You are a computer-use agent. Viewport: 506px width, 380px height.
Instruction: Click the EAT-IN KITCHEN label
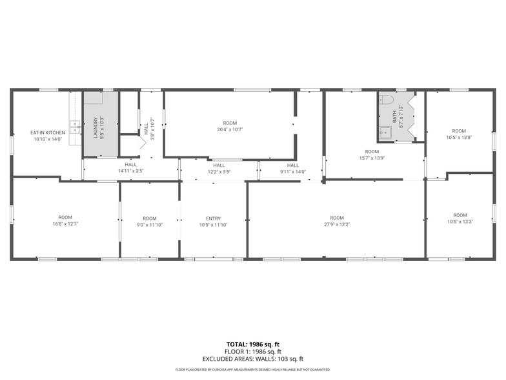tap(47, 132)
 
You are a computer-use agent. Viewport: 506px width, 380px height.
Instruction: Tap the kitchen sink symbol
tap(76, 127)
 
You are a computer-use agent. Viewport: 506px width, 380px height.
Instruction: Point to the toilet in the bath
tap(386, 100)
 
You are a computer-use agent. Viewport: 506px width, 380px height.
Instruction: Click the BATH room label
tap(395, 117)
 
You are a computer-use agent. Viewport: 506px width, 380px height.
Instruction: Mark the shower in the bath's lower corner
tap(386, 134)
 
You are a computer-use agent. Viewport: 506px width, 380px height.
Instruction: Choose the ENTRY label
tap(213, 218)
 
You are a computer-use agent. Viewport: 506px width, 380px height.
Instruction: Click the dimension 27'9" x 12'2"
tap(337, 224)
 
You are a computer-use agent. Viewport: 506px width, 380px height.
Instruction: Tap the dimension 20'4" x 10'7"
tap(230, 129)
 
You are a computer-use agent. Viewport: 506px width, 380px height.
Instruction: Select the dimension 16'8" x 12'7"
tap(65, 224)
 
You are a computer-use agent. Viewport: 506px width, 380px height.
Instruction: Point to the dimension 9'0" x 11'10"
tap(150, 225)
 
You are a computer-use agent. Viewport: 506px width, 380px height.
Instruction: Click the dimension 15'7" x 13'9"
tap(372, 158)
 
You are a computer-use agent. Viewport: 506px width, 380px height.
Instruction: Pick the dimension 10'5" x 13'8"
tap(459, 137)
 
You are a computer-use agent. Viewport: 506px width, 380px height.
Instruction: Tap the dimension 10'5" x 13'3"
tap(460, 222)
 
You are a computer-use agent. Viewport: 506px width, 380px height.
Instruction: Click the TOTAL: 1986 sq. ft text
tap(252, 344)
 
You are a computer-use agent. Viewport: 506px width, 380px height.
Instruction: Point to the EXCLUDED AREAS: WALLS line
tap(252, 359)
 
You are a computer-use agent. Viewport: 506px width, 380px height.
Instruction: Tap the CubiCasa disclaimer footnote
tap(252, 370)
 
